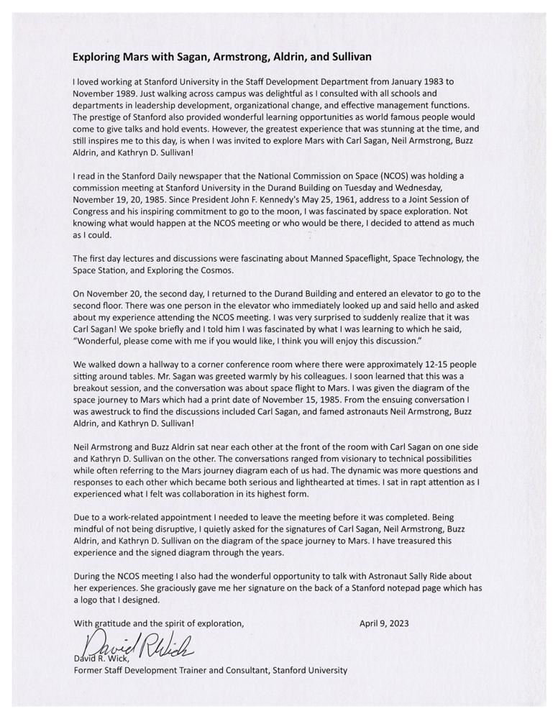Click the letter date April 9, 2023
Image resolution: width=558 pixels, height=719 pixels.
point(384,623)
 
